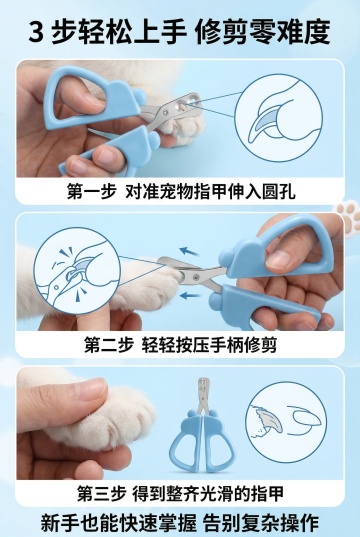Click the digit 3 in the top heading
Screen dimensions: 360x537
click(36, 32)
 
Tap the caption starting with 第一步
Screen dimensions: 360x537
click(181, 191)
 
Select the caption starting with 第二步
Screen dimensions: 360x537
click(181, 345)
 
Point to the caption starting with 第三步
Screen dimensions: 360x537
click(181, 494)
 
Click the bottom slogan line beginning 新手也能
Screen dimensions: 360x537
click(180, 523)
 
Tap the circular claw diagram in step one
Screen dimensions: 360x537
click(278, 118)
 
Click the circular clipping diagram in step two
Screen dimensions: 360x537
click(77, 271)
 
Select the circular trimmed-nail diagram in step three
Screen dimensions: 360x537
click(286, 422)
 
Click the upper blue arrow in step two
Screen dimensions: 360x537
click(189, 252)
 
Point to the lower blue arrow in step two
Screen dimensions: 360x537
click(190, 295)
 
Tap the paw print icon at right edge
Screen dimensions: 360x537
click(348, 218)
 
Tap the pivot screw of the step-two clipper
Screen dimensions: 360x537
click(196, 277)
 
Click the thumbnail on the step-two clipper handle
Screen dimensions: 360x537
click(278, 259)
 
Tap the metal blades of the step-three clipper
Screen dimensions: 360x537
click(203, 395)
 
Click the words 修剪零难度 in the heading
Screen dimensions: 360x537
click(263, 32)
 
